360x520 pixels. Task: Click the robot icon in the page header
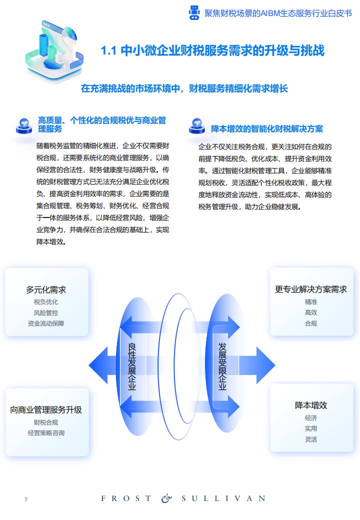(x=194, y=13)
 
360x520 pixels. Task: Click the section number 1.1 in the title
(x=108, y=50)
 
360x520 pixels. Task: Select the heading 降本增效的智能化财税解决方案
(x=267, y=128)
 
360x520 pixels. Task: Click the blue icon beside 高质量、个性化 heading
(x=24, y=126)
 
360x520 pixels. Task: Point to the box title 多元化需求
(x=46, y=290)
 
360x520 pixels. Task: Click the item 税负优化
(x=46, y=302)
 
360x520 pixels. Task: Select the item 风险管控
(x=46, y=312)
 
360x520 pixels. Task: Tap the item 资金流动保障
(x=46, y=323)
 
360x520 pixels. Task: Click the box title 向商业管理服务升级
(x=46, y=410)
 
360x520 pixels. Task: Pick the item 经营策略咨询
(x=46, y=433)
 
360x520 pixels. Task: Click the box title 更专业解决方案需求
(x=311, y=289)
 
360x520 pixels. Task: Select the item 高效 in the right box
(x=311, y=312)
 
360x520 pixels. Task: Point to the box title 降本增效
(x=311, y=405)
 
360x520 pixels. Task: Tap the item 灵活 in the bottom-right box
(x=311, y=439)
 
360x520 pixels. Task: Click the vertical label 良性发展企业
(x=132, y=366)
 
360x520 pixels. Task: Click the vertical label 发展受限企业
(x=222, y=366)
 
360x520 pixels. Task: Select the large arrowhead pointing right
(x=265, y=365)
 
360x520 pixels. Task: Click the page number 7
(x=26, y=499)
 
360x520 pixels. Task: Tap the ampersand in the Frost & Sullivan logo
(x=166, y=498)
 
